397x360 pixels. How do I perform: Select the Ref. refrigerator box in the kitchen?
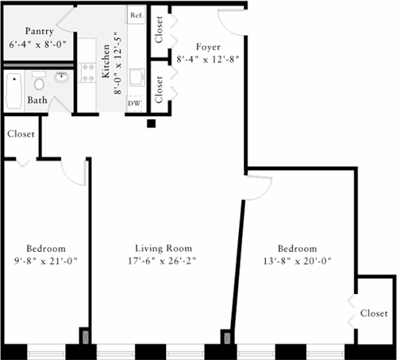pos(137,16)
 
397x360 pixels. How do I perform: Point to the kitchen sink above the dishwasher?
pos(137,78)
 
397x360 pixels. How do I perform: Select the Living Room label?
pos(163,248)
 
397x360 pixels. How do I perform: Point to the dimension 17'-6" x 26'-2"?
pos(163,260)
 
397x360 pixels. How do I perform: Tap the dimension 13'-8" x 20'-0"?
pos(298,260)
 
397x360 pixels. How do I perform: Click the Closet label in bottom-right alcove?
pos(374,313)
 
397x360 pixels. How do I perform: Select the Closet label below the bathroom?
pos(21,134)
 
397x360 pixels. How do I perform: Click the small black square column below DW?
pos(152,123)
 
